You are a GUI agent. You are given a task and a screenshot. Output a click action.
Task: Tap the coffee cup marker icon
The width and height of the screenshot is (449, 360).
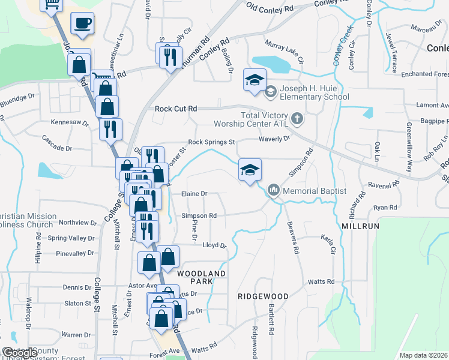(82, 24)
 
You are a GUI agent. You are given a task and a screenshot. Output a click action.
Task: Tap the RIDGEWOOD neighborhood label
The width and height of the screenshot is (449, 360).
(263, 296)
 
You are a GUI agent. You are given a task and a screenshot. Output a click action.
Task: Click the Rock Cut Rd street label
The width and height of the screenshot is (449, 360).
(176, 109)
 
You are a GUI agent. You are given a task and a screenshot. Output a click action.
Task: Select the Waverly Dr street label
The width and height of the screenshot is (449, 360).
(274, 138)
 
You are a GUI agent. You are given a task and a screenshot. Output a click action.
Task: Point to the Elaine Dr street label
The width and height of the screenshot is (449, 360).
(194, 194)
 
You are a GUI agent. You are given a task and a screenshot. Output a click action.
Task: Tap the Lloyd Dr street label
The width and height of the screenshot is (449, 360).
(214, 245)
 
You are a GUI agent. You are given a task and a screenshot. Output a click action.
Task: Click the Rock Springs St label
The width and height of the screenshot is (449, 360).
(211, 142)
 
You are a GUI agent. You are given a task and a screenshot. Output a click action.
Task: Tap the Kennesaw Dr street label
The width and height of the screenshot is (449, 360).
(70, 122)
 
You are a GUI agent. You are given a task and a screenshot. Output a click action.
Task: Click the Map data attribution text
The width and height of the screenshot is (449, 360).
(423, 355)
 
